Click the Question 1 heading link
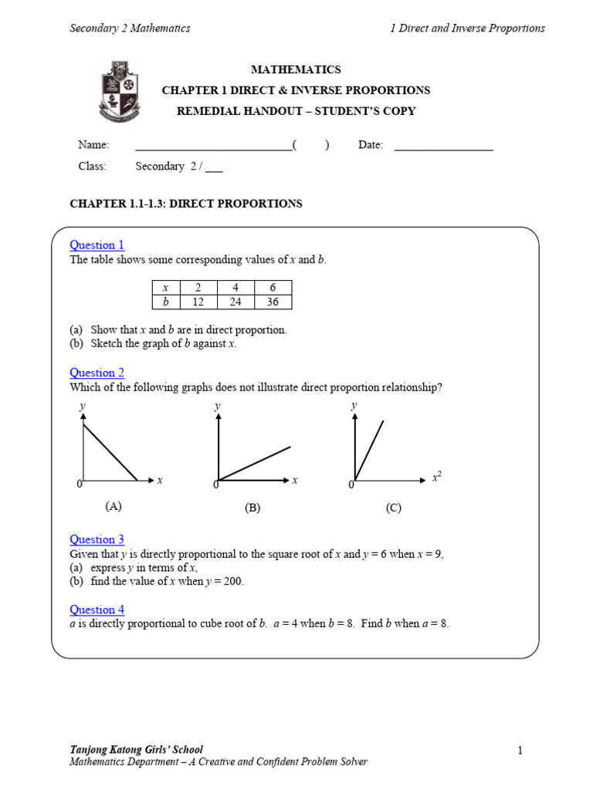click(x=97, y=245)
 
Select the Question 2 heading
click(x=97, y=373)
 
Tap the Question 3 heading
click(x=97, y=539)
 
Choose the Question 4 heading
click(x=97, y=609)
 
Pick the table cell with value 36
click(x=273, y=302)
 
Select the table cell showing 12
click(x=198, y=302)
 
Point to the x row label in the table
click(x=165, y=287)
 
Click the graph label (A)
click(x=114, y=506)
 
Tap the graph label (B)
click(x=252, y=508)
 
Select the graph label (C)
click(x=394, y=508)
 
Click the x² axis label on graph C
click(x=436, y=478)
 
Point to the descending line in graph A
click(x=110, y=453)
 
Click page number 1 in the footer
click(x=520, y=750)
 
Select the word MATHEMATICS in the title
click(x=296, y=69)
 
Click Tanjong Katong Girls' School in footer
click(x=137, y=749)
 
